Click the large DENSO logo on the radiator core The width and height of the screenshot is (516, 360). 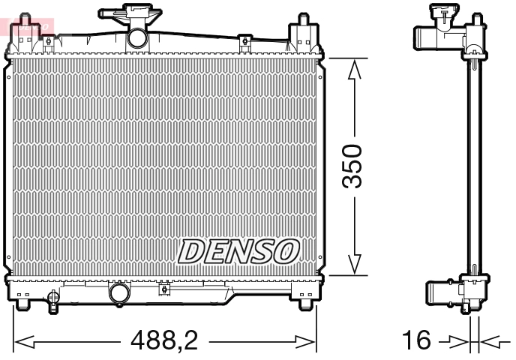(239, 251)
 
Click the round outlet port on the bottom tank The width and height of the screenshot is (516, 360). (118, 292)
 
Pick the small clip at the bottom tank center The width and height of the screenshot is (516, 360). (163, 288)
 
